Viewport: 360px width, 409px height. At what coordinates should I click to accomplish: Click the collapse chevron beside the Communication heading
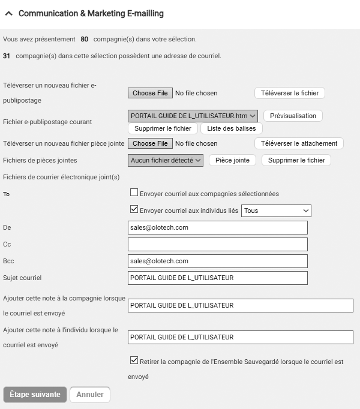pos(9,13)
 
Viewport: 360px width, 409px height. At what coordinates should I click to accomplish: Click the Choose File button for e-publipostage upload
pos(149,93)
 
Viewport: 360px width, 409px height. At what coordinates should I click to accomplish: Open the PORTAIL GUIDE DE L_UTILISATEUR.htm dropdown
pos(193,116)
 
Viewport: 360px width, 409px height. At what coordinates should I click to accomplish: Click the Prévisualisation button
pos(293,116)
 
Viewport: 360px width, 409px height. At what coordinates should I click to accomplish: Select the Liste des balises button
pos(231,128)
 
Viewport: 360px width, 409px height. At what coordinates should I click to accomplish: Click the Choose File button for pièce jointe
pos(149,143)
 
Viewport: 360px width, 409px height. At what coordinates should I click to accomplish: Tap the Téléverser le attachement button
pos(299,143)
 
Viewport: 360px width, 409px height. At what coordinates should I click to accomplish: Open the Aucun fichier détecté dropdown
pos(166,160)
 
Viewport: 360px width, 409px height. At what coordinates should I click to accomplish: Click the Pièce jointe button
pos(232,160)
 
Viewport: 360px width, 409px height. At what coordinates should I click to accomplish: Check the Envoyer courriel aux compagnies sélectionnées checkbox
pos(134,193)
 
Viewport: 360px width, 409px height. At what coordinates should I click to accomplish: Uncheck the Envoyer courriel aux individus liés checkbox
pos(134,210)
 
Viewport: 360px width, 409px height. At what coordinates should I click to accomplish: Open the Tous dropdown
pos(276,210)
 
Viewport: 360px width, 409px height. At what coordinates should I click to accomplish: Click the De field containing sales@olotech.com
pos(217,227)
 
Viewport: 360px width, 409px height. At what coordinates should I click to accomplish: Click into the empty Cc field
pos(217,244)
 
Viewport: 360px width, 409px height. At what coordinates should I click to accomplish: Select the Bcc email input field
pos(217,261)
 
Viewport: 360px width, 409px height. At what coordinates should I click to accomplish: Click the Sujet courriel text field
pos(217,278)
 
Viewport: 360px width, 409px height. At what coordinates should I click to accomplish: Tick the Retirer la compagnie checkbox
pos(134,361)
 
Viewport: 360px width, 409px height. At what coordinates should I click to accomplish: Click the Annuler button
pos(90,395)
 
